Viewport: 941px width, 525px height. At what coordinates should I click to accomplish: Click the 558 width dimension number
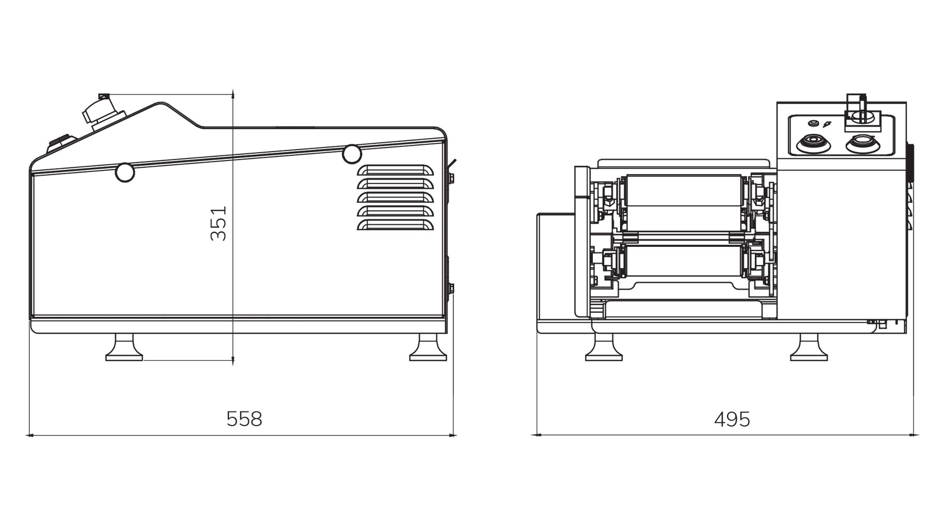pyautogui.click(x=244, y=419)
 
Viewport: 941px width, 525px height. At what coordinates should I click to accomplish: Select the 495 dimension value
pyautogui.click(x=732, y=419)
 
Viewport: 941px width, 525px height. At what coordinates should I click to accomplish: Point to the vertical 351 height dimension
pyautogui.click(x=219, y=223)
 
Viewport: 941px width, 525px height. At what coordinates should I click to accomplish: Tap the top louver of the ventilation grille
pyautogui.click(x=395, y=171)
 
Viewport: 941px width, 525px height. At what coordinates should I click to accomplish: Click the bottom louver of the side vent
pyautogui.click(x=395, y=225)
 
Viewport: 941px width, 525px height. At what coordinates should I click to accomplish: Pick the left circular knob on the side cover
pyautogui.click(x=125, y=172)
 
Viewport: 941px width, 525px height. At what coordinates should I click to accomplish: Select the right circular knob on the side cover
pyautogui.click(x=352, y=154)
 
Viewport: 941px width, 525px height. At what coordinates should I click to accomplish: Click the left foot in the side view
pyautogui.click(x=124, y=348)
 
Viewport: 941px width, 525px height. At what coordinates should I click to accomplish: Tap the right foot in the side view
pyautogui.click(x=428, y=348)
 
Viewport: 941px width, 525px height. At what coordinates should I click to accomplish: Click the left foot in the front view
pyautogui.click(x=604, y=348)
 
